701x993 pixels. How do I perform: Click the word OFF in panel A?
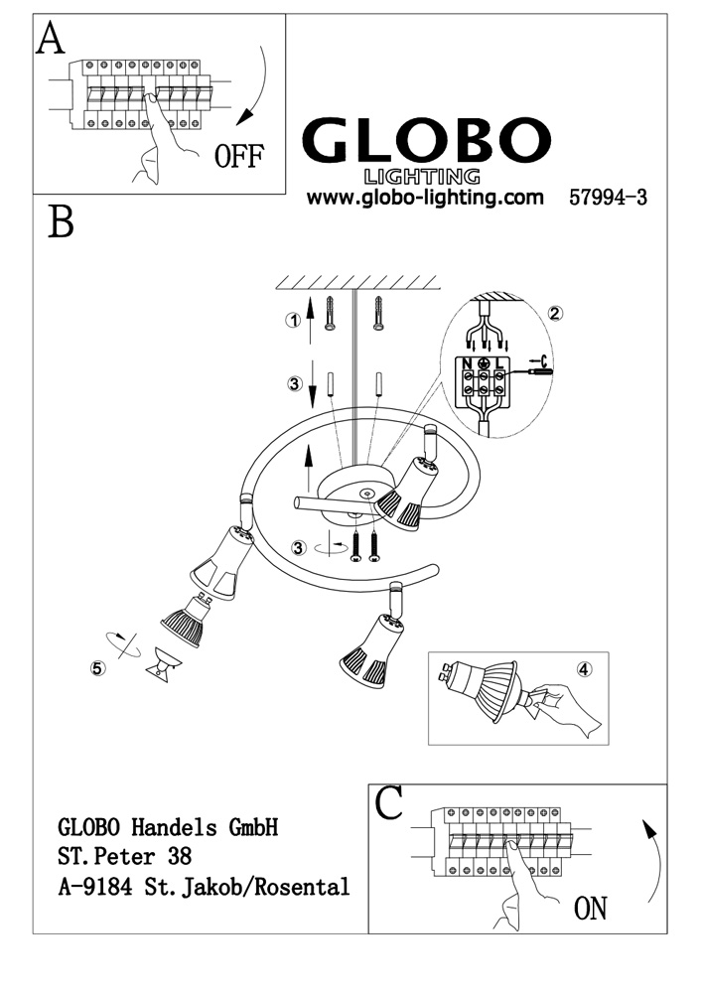[x=238, y=156]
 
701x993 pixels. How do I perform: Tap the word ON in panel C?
[x=590, y=909]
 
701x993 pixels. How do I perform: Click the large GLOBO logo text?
[x=426, y=140]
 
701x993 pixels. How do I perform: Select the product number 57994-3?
[x=608, y=198]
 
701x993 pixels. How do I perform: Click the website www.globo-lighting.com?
[x=425, y=197]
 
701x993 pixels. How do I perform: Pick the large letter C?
[x=389, y=803]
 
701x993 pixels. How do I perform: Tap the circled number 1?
[x=293, y=321]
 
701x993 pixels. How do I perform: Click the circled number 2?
[x=555, y=314]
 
